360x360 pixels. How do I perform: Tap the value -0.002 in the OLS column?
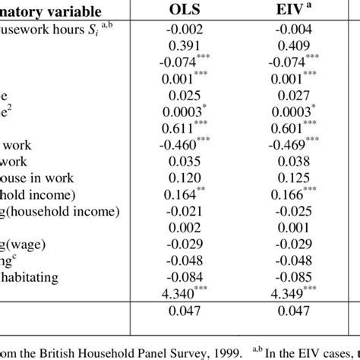(187, 30)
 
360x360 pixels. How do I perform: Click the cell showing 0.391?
(187, 44)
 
